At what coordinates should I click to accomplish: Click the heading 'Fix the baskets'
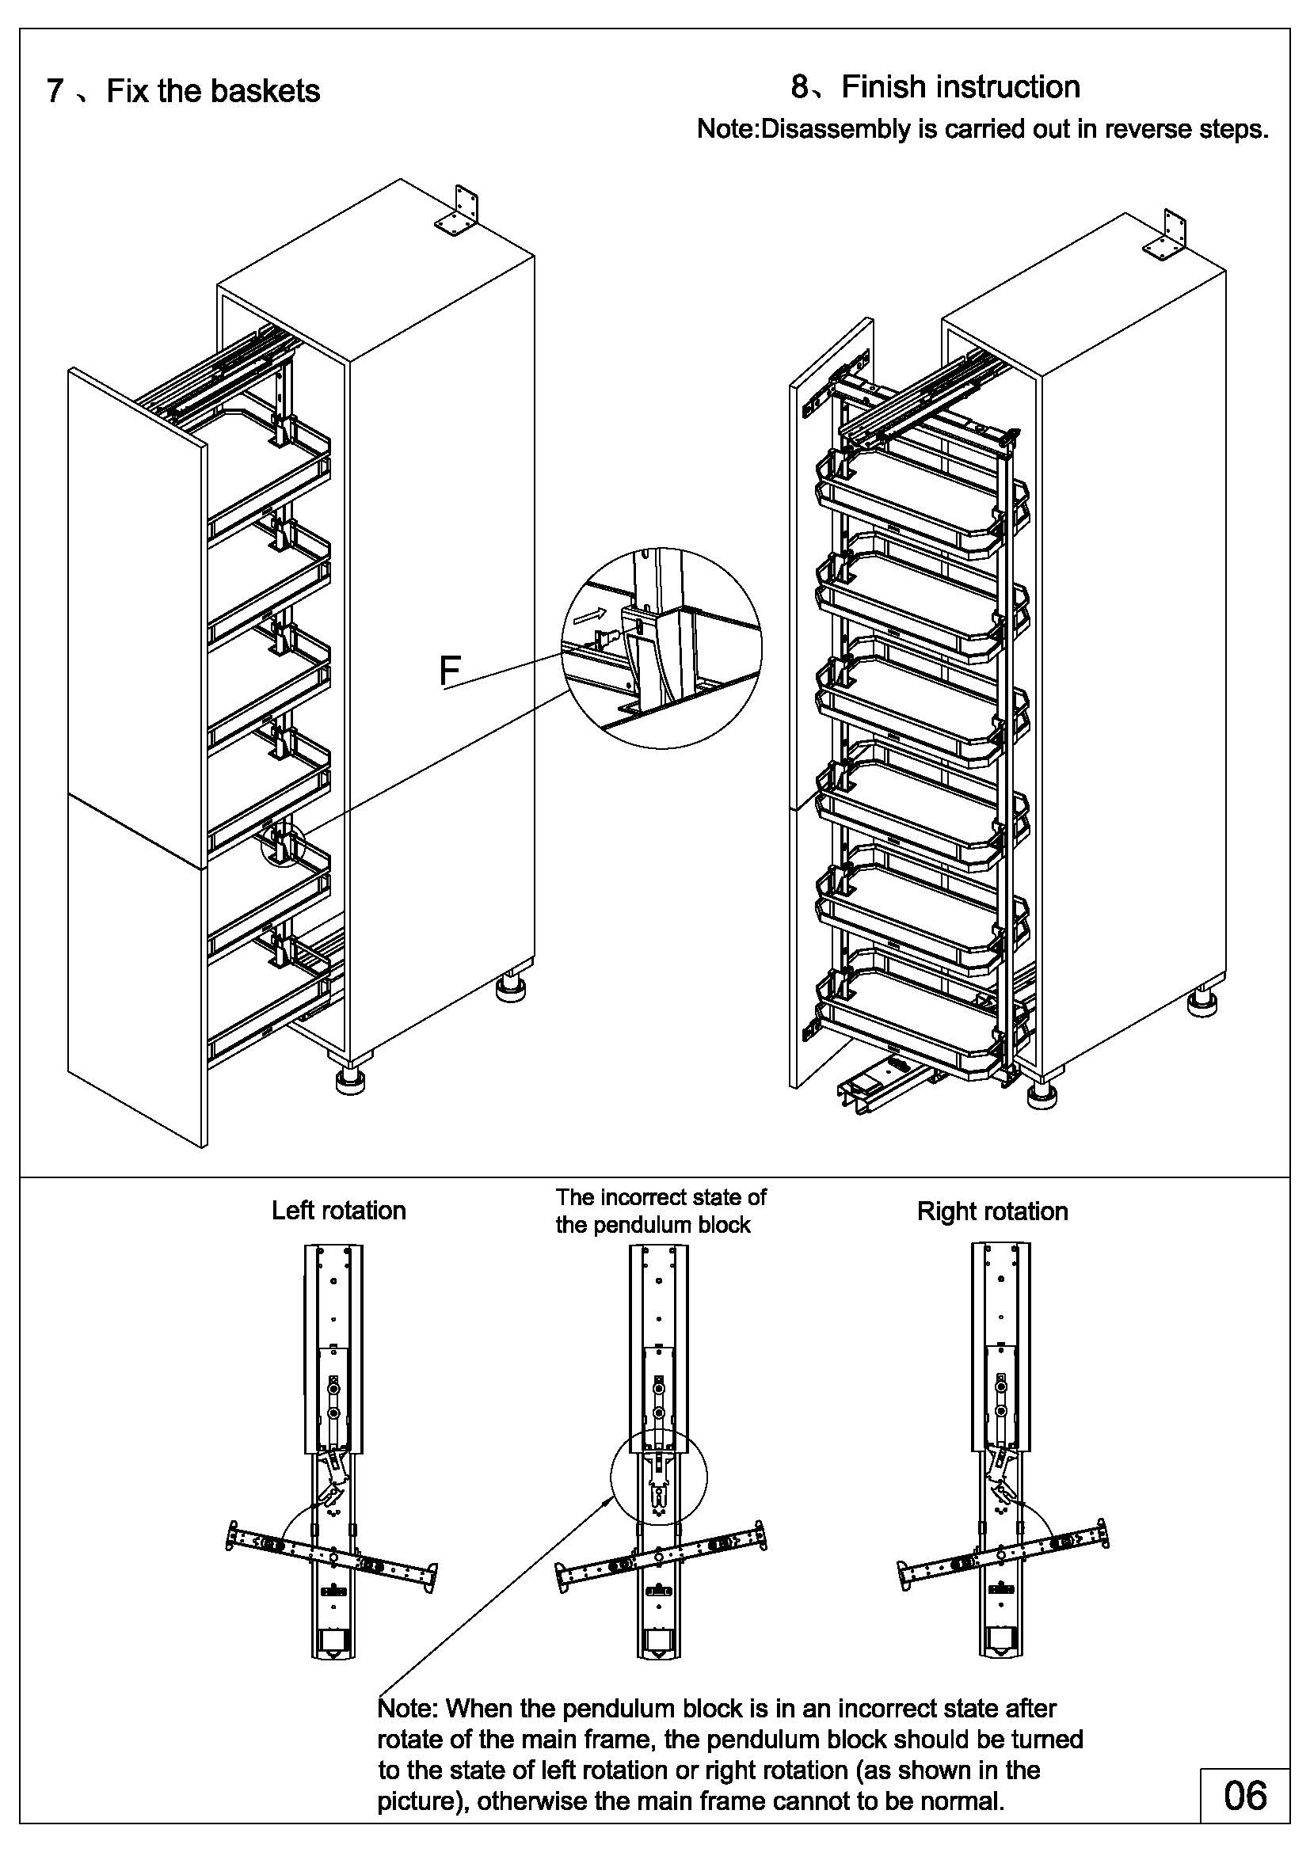(213, 91)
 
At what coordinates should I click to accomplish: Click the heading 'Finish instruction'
(960, 87)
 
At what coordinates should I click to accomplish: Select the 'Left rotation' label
(339, 1211)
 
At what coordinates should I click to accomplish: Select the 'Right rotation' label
(992, 1211)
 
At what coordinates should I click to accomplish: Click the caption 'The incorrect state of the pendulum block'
(661, 1211)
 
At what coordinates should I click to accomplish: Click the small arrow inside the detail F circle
(585, 618)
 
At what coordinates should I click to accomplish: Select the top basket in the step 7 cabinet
(270, 464)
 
